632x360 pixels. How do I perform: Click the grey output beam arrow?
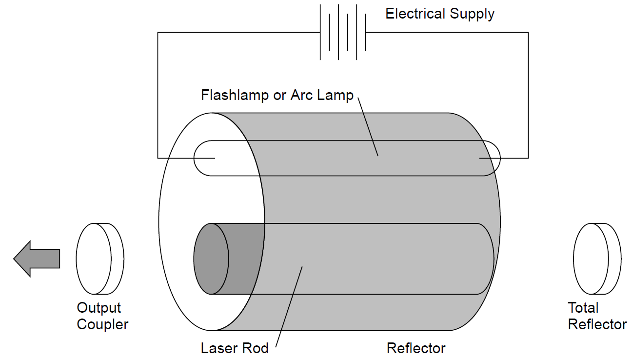(37, 259)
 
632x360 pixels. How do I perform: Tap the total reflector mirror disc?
(596, 259)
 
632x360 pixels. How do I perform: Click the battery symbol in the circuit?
(342, 32)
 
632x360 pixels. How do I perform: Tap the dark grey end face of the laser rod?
(211, 259)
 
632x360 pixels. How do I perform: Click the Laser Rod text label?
(235, 348)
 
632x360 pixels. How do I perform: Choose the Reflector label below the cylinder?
(416, 348)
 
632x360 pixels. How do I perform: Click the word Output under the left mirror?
(99, 308)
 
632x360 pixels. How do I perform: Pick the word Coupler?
(102, 324)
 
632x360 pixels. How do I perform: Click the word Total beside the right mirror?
(583, 308)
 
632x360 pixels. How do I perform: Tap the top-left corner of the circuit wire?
(158, 33)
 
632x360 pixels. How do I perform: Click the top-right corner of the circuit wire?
(528, 33)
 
